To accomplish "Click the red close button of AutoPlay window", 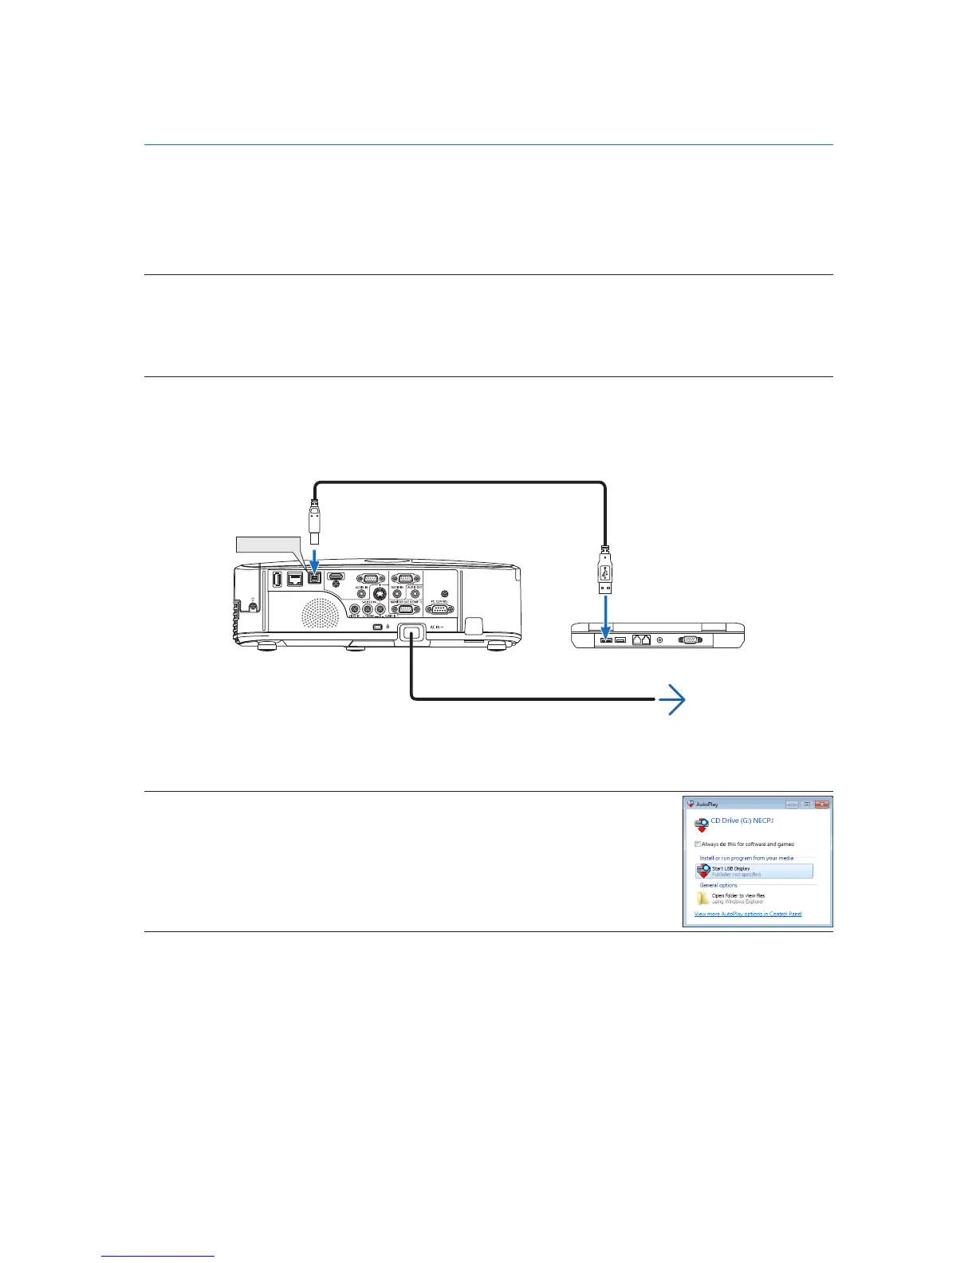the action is click(x=822, y=805).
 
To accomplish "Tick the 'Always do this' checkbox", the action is click(x=698, y=844).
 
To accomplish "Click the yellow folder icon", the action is click(x=702, y=899).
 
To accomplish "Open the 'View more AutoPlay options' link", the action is click(x=748, y=914).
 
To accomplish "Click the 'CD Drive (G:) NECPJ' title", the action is click(x=742, y=820).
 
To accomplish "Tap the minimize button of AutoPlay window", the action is click(x=792, y=805).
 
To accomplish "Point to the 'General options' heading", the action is click(x=718, y=885).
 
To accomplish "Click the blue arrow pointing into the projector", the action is click(x=316, y=557).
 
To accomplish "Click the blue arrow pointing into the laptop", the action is click(x=606, y=613).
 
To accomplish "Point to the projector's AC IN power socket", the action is click(x=411, y=635).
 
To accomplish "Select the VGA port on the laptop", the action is click(x=690, y=639).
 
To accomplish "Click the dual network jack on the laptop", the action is click(x=641, y=639).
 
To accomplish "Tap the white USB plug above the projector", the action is click(x=315, y=524).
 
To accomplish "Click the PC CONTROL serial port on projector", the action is click(x=439, y=609).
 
